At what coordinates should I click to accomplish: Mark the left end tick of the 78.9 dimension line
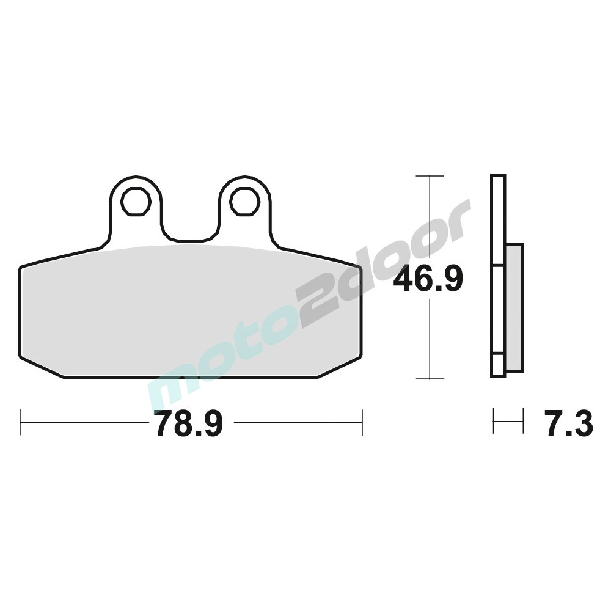coord(21,422)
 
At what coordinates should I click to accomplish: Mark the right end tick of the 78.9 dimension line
coord(362,422)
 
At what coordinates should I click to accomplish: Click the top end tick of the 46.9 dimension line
coord(430,176)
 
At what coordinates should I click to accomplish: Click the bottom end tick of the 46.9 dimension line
coord(430,379)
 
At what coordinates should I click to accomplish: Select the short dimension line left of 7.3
coord(508,422)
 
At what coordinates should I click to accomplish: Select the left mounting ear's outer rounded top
coord(136,178)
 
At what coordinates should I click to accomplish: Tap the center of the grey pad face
coord(191,312)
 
